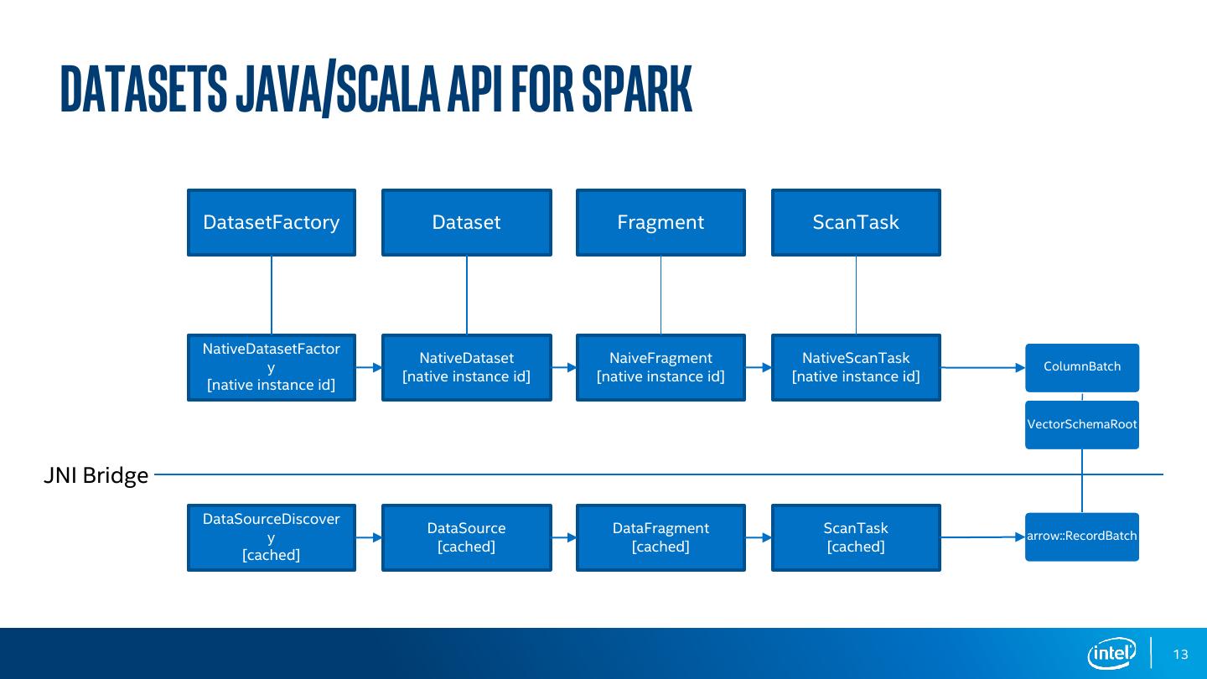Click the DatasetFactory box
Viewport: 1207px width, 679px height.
271,222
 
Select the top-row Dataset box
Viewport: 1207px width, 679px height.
466,222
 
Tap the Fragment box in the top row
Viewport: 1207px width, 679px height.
660,222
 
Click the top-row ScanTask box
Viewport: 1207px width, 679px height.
856,222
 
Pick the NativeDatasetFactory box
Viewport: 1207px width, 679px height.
271,367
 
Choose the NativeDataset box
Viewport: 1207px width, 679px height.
466,367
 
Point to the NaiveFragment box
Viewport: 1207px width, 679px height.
660,367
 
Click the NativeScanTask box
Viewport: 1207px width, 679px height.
856,367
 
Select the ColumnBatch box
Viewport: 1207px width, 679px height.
1082,367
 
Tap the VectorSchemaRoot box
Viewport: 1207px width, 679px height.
1082,424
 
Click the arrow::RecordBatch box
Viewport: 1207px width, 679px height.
1082,536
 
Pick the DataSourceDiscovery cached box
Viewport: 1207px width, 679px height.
271,537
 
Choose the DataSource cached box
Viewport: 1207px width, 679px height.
466,537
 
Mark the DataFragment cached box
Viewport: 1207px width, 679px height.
660,537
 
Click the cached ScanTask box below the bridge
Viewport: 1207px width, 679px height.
856,537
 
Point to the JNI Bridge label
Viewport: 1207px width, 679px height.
96,475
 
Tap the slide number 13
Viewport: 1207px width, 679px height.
1181,655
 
